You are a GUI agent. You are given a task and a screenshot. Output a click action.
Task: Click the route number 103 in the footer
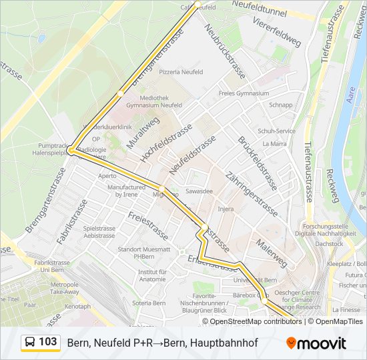click(47, 342)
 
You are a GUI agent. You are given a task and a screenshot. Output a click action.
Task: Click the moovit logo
click(316, 343)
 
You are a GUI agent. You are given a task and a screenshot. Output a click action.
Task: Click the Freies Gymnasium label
click(244, 93)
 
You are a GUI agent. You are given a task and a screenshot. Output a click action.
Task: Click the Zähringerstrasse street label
click(253, 193)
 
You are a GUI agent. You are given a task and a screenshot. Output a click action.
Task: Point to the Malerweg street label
click(271, 253)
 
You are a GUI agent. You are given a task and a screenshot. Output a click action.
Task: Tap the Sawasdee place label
click(200, 191)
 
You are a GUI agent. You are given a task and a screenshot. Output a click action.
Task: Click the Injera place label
click(226, 209)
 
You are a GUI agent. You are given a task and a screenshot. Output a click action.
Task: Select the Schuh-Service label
click(276, 131)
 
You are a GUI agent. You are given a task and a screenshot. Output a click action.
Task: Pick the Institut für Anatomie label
click(152, 276)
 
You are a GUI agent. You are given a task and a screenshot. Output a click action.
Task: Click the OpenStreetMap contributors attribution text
click(256, 321)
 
